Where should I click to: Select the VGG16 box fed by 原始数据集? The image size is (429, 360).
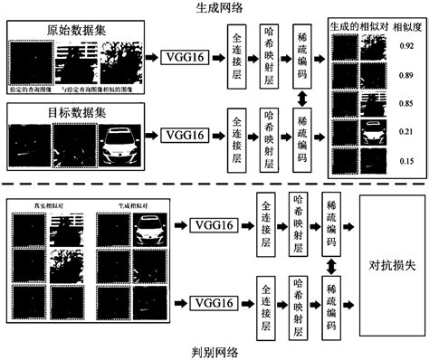pyautogui.click(x=185, y=57)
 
